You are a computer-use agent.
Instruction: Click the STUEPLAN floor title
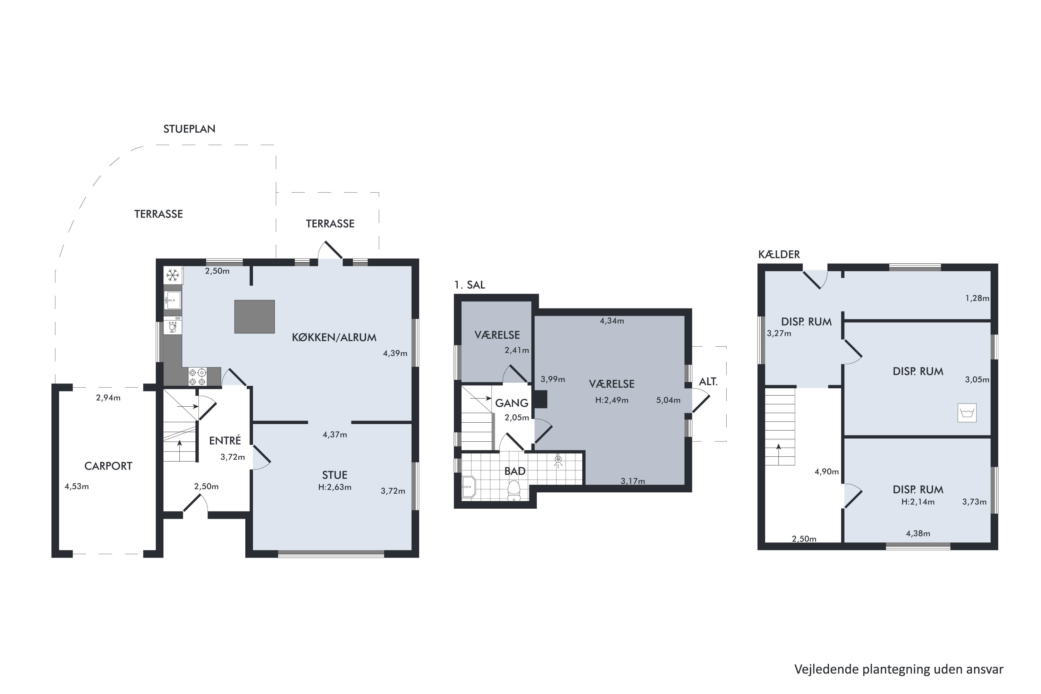coord(189,129)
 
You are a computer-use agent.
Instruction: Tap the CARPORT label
coord(108,466)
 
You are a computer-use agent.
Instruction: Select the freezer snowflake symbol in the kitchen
coord(172,275)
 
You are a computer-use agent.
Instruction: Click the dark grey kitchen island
coord(254,316)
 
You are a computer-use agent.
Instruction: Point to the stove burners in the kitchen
coord(197,376)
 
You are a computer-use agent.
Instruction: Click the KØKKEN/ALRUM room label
coord(334,337)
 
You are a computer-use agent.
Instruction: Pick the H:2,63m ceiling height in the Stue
coord(335,487)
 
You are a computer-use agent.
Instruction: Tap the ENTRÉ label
coord(225,440)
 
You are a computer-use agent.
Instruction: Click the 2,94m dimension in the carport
coord(108,398)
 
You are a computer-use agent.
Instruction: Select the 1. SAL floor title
coord(469,285)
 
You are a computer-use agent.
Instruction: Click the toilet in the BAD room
coord(514,490)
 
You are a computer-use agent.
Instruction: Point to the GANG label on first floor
coord(511,403)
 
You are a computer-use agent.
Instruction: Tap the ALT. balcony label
coord(708,381)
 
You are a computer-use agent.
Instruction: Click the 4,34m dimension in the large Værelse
coord(612,321)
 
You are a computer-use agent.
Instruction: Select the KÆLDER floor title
coord(779,254)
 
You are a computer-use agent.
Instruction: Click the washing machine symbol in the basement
coord(967,413)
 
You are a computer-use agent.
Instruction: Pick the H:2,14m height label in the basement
coord(918,502)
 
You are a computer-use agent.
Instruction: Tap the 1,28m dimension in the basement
coord(977,298)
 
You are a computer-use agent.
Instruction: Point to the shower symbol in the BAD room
coord(558,461)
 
